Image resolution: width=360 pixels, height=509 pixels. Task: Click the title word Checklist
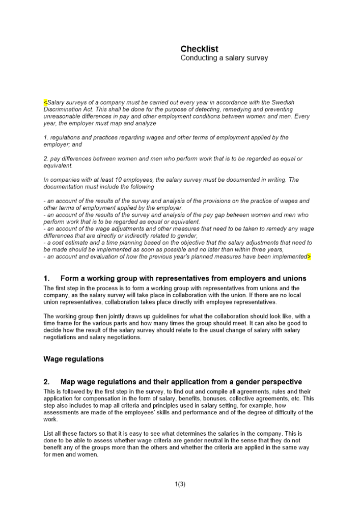(199, 49)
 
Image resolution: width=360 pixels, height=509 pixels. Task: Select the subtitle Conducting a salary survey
(224, 58)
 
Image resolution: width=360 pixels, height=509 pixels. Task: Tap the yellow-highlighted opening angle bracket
(45, 102)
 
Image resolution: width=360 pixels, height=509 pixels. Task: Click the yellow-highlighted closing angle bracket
(309, 257)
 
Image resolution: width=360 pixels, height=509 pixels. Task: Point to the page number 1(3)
(180, 484)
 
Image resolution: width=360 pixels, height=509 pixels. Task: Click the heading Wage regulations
(73, 359)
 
